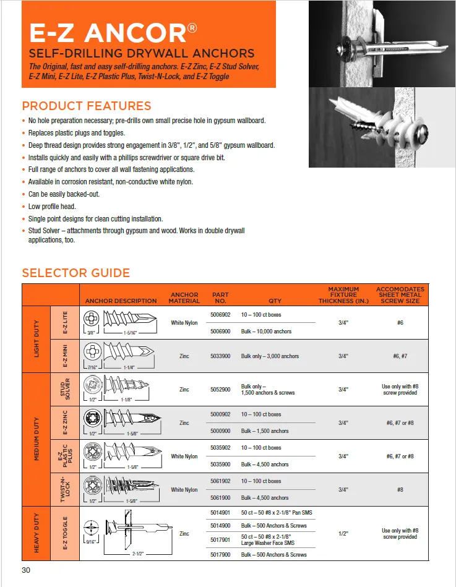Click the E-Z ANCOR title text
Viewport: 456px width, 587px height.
click(113, 33)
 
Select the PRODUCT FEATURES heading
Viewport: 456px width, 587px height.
click(87, 106)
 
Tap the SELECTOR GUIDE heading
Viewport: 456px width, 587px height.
click(76, 273)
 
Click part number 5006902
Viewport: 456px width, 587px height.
click(220, 314)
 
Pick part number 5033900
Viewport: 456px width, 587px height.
click(220, 356)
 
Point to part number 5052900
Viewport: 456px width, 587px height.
click(220, 389)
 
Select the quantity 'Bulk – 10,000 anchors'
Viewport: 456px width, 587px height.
click(266, 332)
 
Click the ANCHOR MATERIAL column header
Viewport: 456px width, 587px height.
click(184, 298)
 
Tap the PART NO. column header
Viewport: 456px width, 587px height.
click(220, 298)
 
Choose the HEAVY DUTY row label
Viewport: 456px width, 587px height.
click(37, 533)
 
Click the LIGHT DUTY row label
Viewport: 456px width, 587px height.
click(37, 339)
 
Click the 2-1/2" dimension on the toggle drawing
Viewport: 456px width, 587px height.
click(138, 554)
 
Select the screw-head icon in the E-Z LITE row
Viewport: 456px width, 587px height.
click(92, 319)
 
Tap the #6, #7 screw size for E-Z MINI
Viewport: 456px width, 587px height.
click(400, 356)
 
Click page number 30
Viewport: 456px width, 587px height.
click(26, 570)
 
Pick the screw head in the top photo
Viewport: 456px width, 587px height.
click(342, 49)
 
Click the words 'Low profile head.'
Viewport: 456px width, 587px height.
click(52, 206)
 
